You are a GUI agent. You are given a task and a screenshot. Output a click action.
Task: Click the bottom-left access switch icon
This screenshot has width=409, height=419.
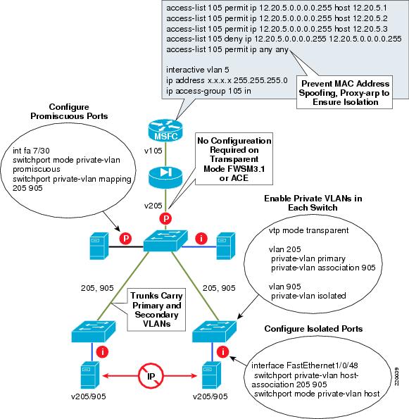point(93,329)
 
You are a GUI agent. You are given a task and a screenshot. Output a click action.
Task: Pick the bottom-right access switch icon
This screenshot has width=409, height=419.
point(215,329)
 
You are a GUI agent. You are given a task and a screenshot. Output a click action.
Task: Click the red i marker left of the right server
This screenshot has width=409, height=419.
point(203,237)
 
